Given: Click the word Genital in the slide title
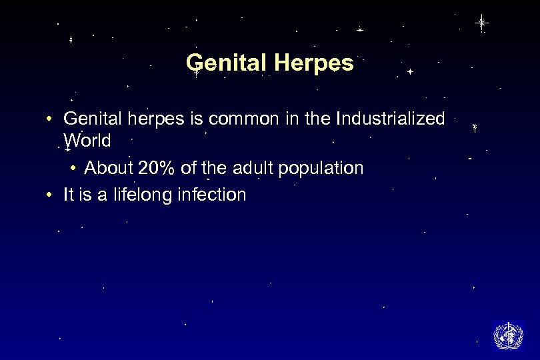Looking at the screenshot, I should (224, 63).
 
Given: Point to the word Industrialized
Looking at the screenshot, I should (391, 119).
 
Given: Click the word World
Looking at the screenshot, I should (87, 141).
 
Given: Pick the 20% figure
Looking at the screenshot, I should (157, 168).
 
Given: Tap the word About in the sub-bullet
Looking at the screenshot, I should (109, 168).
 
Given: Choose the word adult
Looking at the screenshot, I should (249, 168).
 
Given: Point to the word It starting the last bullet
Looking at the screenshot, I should (68, 195).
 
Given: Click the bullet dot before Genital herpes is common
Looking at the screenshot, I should (49, 120).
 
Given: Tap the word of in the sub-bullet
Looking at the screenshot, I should (188, 168).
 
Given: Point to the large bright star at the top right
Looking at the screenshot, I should (481, 23).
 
